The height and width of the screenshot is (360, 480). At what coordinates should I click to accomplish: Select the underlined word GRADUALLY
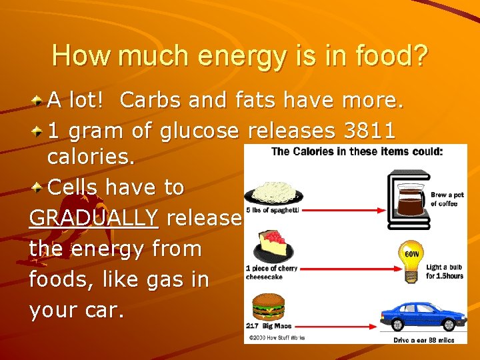click(x=94, y=218)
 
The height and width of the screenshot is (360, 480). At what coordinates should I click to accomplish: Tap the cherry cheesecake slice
click(x=272, y=247)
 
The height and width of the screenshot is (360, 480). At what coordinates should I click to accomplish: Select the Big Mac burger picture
click(x=267, y=307)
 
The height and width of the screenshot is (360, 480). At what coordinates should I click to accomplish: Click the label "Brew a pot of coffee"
click(x=444, y=199)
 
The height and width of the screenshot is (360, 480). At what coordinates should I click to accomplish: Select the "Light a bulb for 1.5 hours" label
click(x=445, y=271)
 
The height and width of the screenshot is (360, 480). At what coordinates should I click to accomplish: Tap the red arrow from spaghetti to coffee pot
click(x=347, y=210)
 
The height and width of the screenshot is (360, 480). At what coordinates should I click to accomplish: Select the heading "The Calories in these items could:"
click(x=356, y=151)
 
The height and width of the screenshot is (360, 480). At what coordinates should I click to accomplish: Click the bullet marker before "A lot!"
click(x=39, y=101)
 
